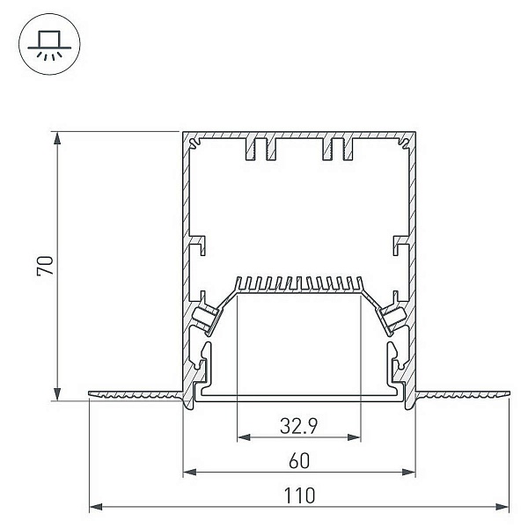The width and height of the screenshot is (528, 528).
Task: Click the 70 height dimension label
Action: point(46,266)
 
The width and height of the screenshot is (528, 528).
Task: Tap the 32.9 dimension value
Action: point(298,426)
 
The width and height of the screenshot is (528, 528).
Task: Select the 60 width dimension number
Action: point(299,461)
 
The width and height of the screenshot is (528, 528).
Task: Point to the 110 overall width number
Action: point(299,495)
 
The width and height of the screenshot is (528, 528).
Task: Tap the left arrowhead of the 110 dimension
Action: point(96,507)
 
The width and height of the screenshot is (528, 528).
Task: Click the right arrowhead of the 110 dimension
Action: point(502,507)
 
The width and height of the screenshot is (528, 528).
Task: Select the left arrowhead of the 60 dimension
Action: point(190,472)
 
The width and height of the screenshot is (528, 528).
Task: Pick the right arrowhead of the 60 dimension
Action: point(408,472)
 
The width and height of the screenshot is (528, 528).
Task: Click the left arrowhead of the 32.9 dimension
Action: point(244,437)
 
